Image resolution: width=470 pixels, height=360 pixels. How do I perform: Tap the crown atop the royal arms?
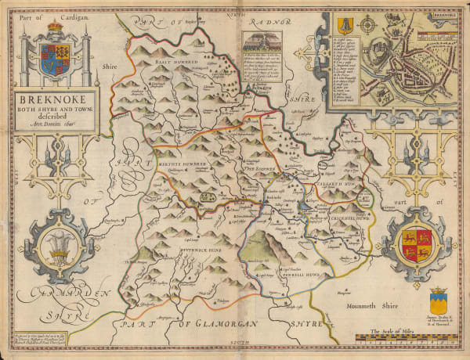54,31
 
